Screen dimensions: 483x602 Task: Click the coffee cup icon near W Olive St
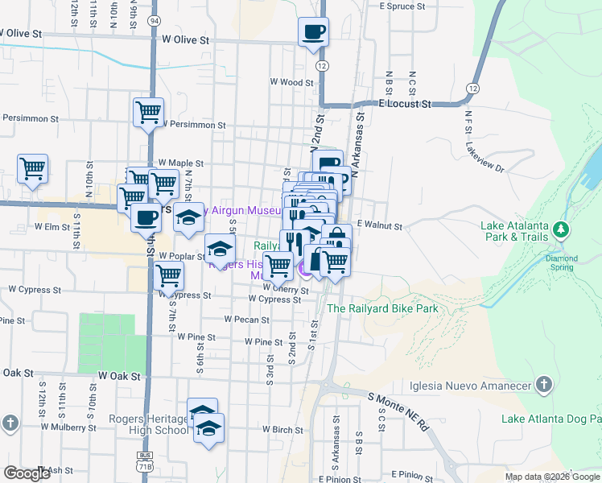coord(313,33)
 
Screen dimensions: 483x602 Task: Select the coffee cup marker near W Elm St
coord(146,217)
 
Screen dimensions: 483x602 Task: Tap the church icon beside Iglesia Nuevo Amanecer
coord(544,385)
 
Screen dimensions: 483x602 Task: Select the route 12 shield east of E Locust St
coord(472,87)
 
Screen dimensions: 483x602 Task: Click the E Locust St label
coord(405,105)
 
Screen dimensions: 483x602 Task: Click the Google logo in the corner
coord(27,473)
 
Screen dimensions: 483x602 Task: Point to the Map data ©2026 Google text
coord(552,477)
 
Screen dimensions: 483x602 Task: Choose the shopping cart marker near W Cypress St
coord(168,275)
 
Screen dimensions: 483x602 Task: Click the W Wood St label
coord(291,82)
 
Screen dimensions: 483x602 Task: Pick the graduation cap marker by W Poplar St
coord(220,248)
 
